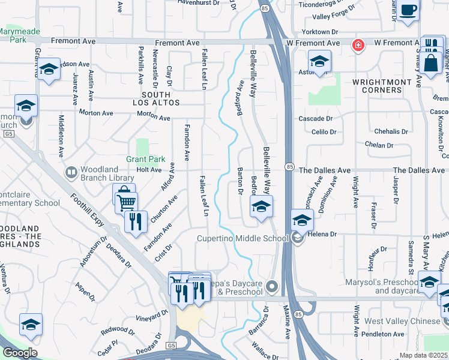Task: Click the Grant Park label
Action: [x=137, y=160]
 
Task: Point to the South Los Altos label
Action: [x=160, y=98]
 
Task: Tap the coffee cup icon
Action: [x=408, y=10]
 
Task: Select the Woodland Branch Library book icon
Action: [x=71, y=173]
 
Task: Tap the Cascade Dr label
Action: [x=316, y=119]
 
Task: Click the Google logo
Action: [x=20, y=353]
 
